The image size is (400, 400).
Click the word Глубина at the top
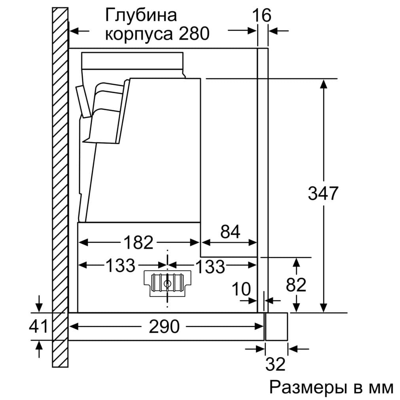pyautogui.click(x=141, y=16)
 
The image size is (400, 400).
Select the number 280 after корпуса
pyautogui.click(x=194, y=34)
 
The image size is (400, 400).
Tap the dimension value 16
pyautogui.click(x=261, y=15)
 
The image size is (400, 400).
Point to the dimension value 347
pyautogui.click(x=323, y=193)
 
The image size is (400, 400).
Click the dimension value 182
pyautogui.click(x=138, y=242)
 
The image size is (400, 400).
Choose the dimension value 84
pyautogui.click(x=230, y=232)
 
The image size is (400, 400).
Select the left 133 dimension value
pyautogui.click(x=120, y=266)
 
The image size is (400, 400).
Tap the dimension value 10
pyautogui.click(x=241, y=289)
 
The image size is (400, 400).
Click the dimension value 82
pyautogui.click(x=296, y=285)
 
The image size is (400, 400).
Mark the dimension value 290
pyautogui.click(x=164, y=326)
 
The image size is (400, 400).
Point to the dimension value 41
pyautogui.click(x=38, y=326)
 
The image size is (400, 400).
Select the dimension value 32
pyautogui.click(x=275, y=364)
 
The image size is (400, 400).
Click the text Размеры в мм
pyautogui.click(x=331, y=387)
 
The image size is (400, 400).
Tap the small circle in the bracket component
pyautogui.click(x=167, y=283)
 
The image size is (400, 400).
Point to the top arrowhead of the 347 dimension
pyautogui.click(x=324, y=83)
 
